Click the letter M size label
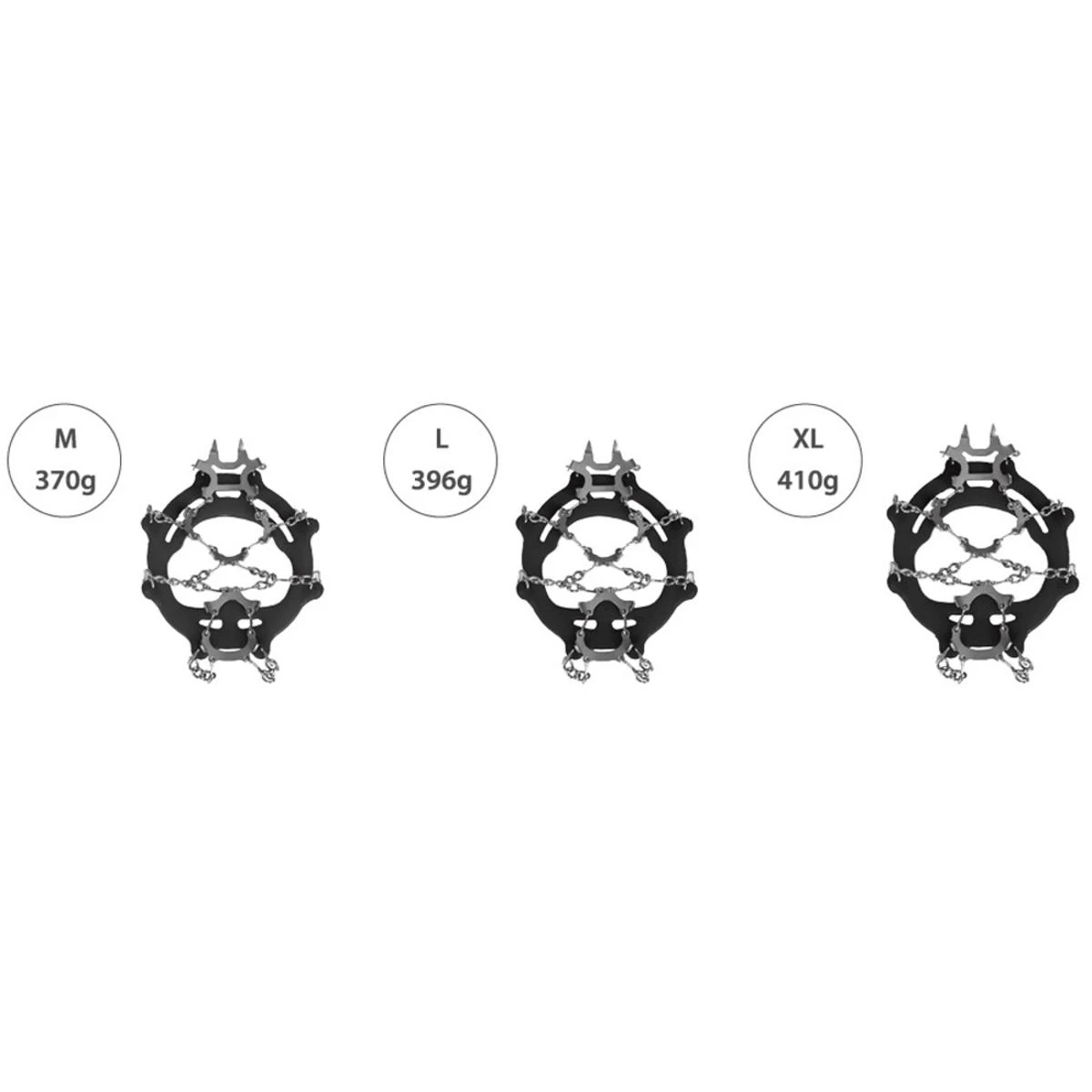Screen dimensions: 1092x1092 point(66,440)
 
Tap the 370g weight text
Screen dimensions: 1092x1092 point(66,481)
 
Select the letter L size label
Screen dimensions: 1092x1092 point(441,440)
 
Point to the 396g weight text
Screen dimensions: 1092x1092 point(441,481)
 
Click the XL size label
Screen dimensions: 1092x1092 point(808,440)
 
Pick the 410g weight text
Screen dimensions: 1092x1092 point(808,481)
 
